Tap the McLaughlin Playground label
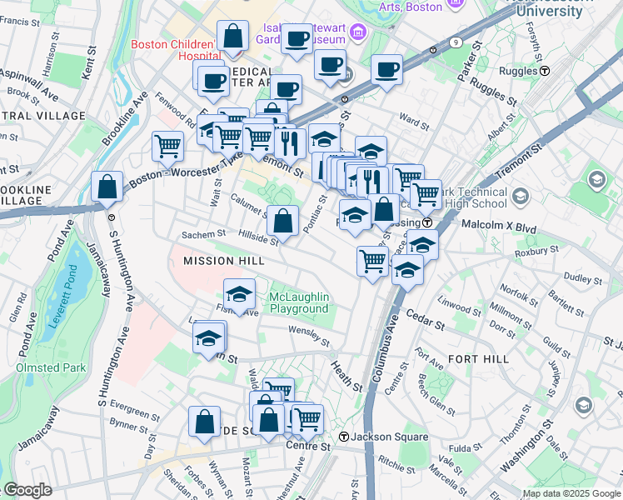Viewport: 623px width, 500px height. (x=299, y=303)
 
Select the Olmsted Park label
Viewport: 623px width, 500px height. (x=49, y=367)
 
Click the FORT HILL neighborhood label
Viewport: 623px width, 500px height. (x=477, y=358)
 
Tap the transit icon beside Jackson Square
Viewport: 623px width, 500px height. (x=343, y=437)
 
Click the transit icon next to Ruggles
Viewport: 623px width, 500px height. (x=544, y=71)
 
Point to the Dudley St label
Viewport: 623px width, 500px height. (x=576, y=277)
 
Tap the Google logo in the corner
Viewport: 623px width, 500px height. (x=27, y=490)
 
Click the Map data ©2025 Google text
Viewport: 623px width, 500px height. (x=570, y=493)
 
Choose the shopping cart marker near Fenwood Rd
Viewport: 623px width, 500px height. (x=168, y=146)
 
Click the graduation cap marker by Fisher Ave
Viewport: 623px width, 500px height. (x=240, y=294)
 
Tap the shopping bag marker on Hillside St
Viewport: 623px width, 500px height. (x=283, y=221)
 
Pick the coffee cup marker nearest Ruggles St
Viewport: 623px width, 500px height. (x=386, y=70)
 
